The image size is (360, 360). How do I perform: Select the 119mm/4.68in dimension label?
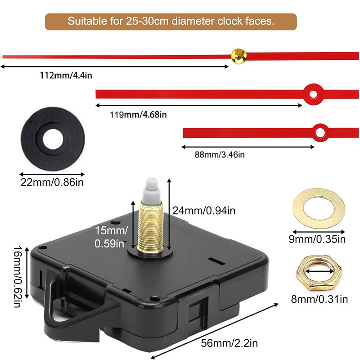coord(138,114)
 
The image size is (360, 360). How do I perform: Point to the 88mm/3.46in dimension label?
coord(219,155)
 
